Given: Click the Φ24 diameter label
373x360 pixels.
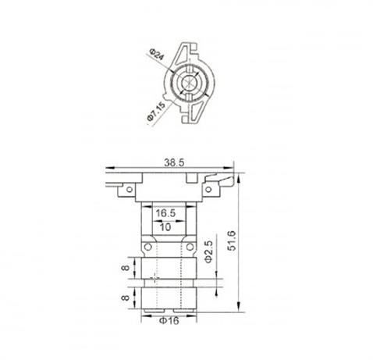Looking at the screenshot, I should point(156,57).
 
